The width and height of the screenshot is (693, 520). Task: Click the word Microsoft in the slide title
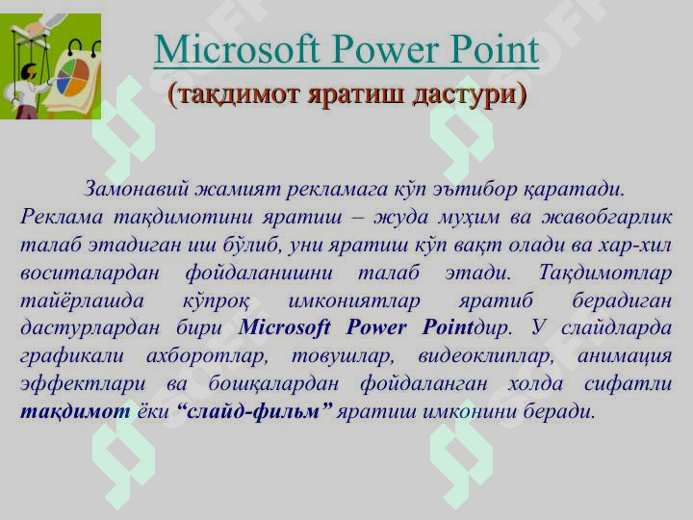click(x=223, y=50)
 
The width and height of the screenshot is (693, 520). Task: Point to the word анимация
click(x=625, y=355)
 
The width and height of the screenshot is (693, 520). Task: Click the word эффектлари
click(x=70, y=383)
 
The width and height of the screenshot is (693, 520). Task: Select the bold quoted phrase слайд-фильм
click(x=255, y=411)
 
